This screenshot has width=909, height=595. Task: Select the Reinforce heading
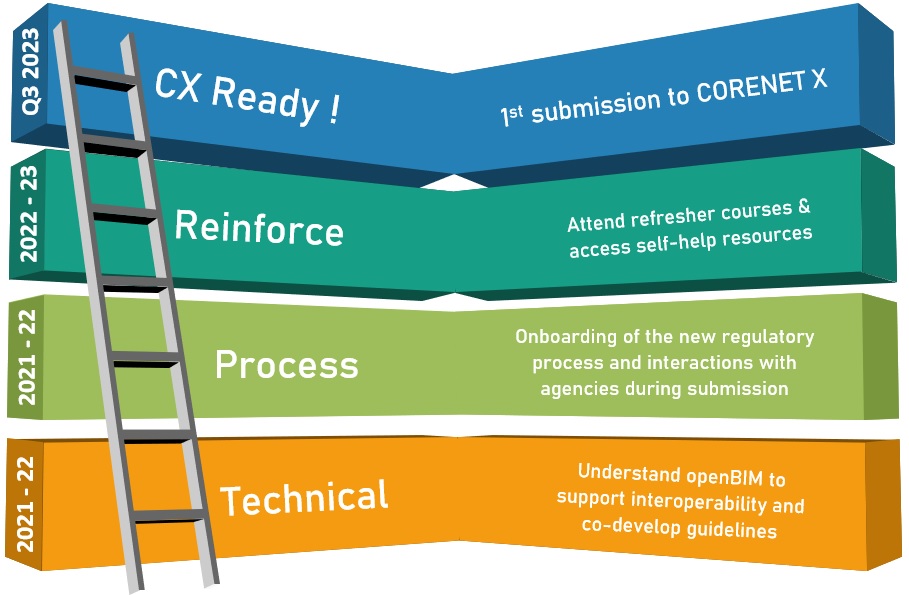click(x=259, y=228)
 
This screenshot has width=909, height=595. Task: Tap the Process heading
click(x=286, y=365)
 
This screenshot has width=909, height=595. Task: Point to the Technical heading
click(x=303, y=496)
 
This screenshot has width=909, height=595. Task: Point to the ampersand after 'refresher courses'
click(x=803, y=209)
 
